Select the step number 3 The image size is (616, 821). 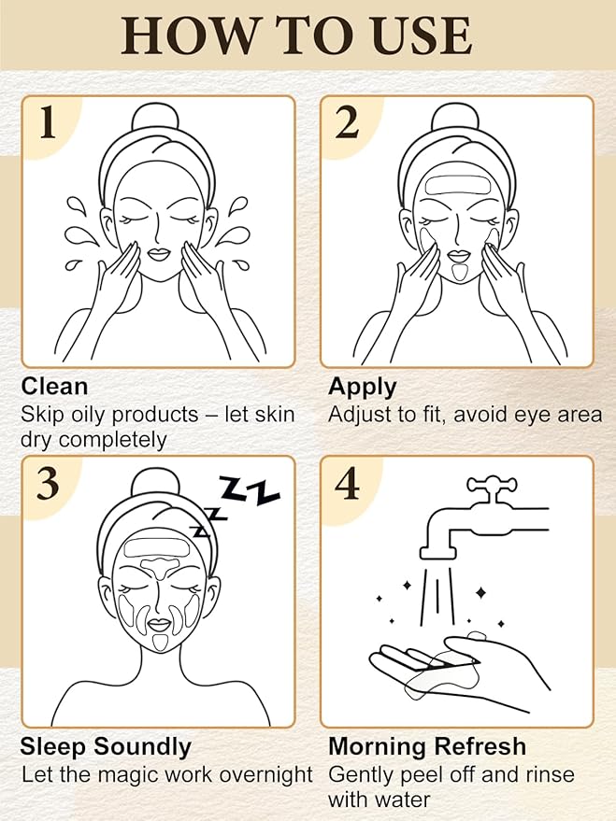point(48,484)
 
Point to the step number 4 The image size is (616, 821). point(348,484)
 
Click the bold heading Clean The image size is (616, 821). point(54,387)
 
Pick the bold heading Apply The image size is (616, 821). point(363,387)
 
